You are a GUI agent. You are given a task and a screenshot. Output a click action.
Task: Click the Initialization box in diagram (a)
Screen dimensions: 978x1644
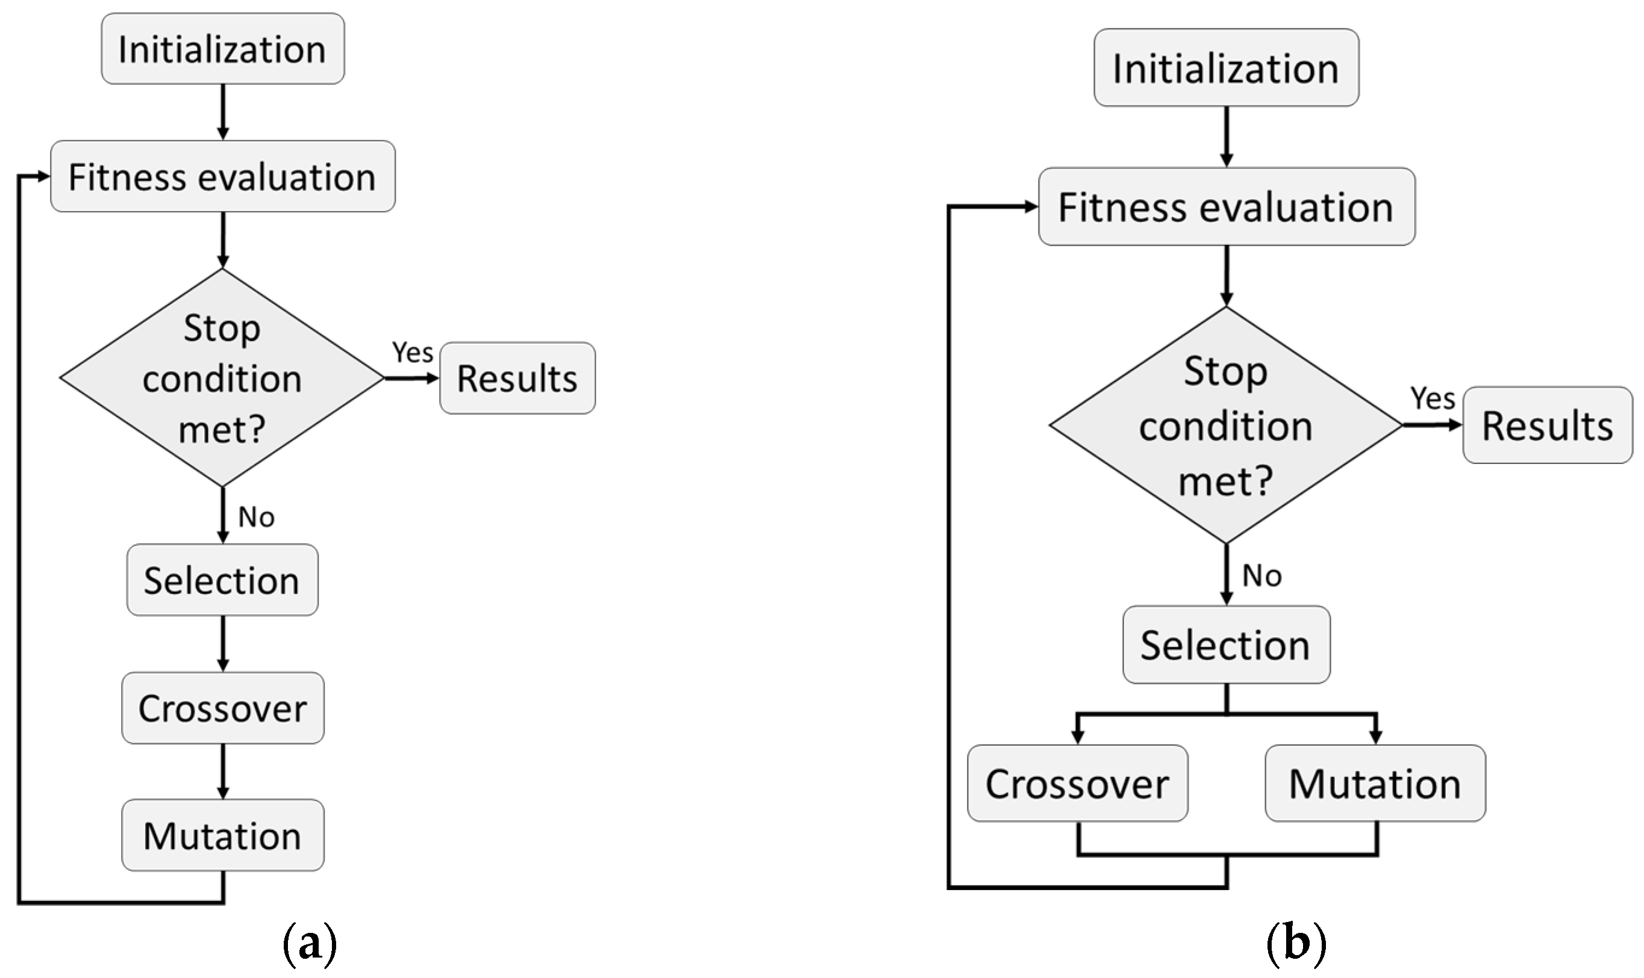click(x=222, y=49)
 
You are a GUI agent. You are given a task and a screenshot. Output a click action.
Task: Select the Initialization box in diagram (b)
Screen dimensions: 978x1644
click(x=1225, y=68)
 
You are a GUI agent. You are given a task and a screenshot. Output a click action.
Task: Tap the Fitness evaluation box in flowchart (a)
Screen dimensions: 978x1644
click(x=222, y=176)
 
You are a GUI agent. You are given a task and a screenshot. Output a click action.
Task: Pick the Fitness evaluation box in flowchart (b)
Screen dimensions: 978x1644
click(x=1225, y=207)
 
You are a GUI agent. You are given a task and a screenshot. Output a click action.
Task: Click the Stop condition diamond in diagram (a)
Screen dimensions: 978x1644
click(x=222, y=377)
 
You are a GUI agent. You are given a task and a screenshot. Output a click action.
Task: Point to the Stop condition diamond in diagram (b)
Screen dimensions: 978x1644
click(x=1225, y=425)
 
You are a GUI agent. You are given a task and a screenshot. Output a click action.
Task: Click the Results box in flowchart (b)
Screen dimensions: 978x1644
click(x=1547, y=425)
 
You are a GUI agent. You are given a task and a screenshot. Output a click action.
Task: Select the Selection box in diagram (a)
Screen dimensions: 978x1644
click(x=222, y=580)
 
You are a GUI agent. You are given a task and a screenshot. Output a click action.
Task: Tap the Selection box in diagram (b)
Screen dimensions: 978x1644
click(x=1225, y=645)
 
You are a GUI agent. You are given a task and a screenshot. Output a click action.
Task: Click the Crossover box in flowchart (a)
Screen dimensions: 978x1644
click(x=222, y=708)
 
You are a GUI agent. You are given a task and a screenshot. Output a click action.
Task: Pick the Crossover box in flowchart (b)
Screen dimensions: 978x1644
click(x=1077, y=784)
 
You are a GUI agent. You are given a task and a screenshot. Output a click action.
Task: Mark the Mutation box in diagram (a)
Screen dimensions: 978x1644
click(x=222, y=835)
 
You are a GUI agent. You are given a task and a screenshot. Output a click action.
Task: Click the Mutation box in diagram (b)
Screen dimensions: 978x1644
click(x=1375, y=784)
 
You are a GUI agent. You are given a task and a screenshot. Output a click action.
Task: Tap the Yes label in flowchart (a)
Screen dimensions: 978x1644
click(x=413, y=353)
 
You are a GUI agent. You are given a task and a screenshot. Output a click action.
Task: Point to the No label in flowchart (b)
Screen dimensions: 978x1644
click(x=1261, y=576)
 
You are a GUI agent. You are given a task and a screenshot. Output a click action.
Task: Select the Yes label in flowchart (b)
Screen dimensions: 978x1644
click(x=1433, y=398)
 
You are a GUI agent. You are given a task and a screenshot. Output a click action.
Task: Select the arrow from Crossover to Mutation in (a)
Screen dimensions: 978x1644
click(x=223, y=771)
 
